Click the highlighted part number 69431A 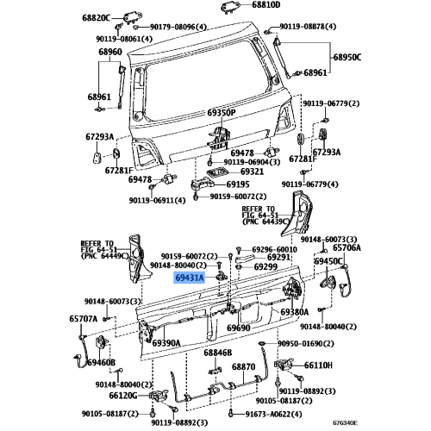189,278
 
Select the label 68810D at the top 265,5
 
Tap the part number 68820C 96,18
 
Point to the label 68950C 347,57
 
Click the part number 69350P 222,113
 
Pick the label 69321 252,172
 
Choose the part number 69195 238,184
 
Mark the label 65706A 347,247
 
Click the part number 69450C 328,261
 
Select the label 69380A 295,312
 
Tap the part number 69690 239,328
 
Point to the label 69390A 166,343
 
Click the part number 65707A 83,319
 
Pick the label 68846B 218,353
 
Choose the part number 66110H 318,365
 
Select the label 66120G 123,396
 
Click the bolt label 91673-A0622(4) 273,414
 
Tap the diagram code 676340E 346,423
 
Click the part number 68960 110,52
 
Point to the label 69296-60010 274,249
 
